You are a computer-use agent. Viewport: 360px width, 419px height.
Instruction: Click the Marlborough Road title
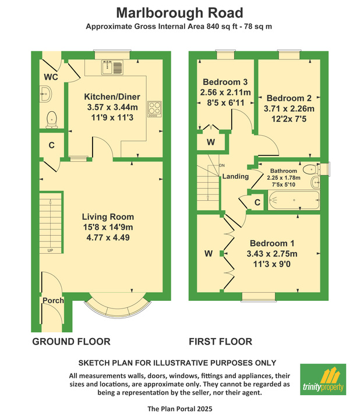click(x=179, y=13)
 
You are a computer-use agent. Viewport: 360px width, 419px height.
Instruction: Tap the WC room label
click(x=51, y=77)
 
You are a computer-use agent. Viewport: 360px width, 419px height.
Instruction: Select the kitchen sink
click(x=112, y=67)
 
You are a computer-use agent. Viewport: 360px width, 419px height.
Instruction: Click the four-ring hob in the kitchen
click(x=154, y=109)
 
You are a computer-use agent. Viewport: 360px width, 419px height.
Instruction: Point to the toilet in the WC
click(x=52, y=120)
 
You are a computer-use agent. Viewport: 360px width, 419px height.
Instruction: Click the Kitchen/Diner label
click(x=112, y=97)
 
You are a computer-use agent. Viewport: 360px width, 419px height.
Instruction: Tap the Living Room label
click(x=108, y=216)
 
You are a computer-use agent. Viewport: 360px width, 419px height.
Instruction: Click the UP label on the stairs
click(x=50, y=251)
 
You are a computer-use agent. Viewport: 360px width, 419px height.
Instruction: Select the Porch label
click(x=53, y=300)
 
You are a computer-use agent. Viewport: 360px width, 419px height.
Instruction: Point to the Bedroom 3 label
click(x=225, y=82)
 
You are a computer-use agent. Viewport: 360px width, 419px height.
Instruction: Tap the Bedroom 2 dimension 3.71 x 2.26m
click(x=289, y=108)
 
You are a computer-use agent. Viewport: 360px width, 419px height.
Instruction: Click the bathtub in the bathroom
click(x=294, y=200)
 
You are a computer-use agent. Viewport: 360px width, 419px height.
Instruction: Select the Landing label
click(x=235, y=176)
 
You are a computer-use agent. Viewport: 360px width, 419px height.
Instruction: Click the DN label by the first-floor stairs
click(x=222, y=165)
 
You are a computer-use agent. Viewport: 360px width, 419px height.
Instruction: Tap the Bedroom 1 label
click(x=272, y=243)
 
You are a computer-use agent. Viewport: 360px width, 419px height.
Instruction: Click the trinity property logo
click(x=323, y=379)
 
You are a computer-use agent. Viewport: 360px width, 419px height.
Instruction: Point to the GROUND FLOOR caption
click(x=71, y=342)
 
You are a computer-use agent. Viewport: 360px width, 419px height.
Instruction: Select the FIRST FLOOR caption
click(x=220, y=342)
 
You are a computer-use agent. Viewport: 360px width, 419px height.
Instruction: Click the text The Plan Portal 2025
click(x=180, y=409)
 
